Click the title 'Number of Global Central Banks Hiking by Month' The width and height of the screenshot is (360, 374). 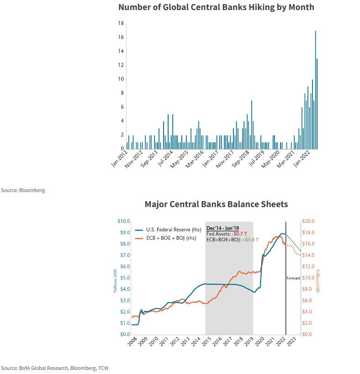tap(216, 7)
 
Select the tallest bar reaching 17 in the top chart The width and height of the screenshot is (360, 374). tap(315, 91)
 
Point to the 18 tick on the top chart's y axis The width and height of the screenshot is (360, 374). tap(121, 23)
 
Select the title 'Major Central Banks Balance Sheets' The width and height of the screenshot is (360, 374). tap(216, 204)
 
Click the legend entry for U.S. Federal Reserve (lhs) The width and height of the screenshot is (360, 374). tap(174, 230)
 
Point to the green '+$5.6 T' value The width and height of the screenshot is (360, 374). tap(250, 239)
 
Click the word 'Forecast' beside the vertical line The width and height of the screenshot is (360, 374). tap(293, 278)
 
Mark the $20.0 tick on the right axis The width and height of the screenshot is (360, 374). tap(309, 221)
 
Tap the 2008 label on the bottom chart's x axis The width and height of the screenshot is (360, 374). tap(132, 341)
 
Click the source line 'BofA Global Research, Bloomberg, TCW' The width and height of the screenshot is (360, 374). tap(54, 368)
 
